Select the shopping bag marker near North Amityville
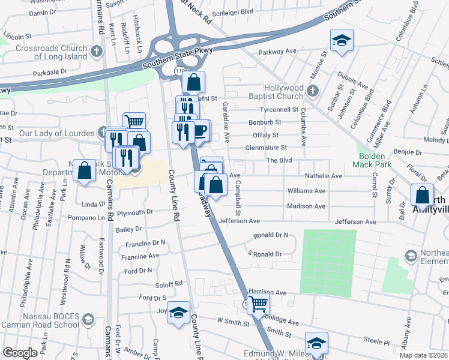tap(422, 195)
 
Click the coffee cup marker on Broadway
tap(199, 130)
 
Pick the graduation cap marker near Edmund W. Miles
tap(316, 343)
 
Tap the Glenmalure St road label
tap(266, 148)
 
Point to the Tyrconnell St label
tap(279, 110)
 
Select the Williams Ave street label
tap(306, 191)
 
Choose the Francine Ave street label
tap(140, 256)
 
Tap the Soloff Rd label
tap(169, 283)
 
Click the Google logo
tap(20, 353)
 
